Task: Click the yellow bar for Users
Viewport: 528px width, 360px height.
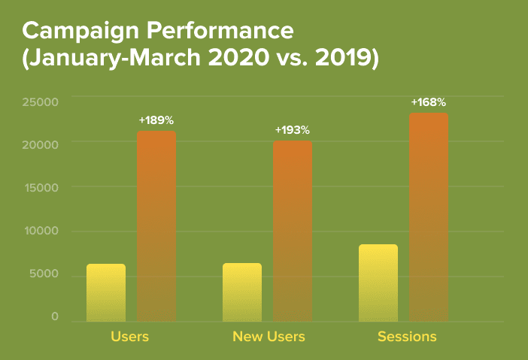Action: click(106, 293)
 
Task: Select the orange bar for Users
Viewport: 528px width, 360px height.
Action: click(156, 226)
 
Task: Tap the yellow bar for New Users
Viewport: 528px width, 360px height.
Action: click(242, 292)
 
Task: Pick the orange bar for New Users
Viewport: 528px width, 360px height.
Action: click(293, 231)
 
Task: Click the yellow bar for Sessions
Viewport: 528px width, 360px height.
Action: click(378, 283)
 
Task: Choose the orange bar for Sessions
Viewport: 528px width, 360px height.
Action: click(429, 217)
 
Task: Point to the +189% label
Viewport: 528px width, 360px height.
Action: click(156, 120)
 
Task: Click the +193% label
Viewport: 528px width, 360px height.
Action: click(293, 130)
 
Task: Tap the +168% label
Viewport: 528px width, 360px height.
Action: click(429, 101)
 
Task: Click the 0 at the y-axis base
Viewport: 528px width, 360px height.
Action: click(55, 317)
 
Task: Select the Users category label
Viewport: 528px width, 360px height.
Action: click(129, 337)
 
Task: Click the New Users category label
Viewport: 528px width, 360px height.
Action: click(269, 337)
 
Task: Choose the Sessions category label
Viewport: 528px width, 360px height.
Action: click(407, 337)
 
